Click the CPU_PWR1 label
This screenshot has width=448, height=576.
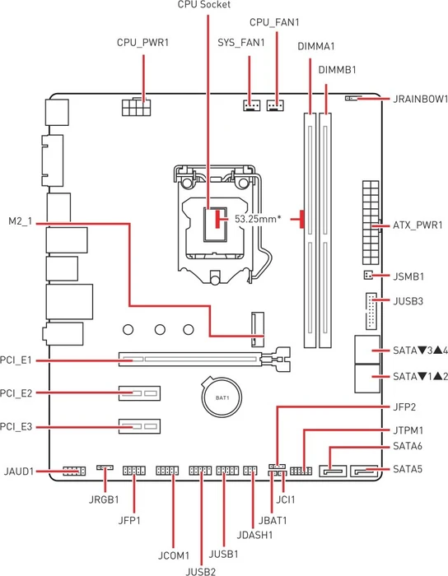(142, 43)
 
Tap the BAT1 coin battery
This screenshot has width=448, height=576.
(222, 397)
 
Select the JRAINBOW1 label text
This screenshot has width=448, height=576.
(421, 99)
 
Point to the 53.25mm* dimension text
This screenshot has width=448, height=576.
(258, 219)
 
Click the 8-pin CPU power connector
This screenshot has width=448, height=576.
(136, 107)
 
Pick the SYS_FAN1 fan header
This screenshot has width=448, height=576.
(251, 106)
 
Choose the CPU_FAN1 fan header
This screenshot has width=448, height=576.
(275, 106)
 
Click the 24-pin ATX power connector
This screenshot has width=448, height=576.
(371, 223)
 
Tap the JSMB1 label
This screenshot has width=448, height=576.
(408, 276)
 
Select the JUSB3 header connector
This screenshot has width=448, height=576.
(371, 311)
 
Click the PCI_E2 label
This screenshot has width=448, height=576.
(16, 393)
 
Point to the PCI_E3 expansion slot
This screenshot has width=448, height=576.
(139, 426)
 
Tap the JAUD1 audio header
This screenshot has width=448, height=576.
(74, 471)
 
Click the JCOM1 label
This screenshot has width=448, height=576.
(174, 555)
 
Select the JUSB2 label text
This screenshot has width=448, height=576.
(201, 571)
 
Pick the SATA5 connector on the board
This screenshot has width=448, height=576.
(364, 471)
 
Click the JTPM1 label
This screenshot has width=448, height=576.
(408, 430)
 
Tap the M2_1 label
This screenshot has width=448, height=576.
(21, 222)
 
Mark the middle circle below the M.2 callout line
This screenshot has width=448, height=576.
(160, 329)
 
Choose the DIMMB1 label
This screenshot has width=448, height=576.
(337, 70)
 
